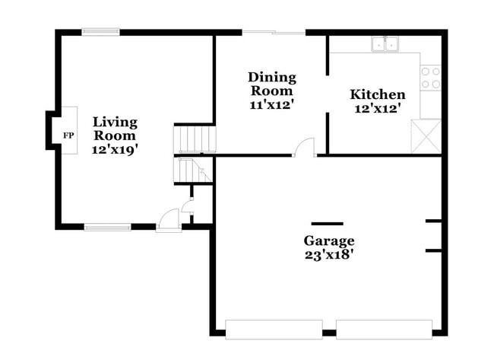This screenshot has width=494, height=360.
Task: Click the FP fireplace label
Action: (68, 135)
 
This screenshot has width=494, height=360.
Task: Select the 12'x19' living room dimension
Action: (115, 150)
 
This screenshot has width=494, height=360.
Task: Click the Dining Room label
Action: (272, 84)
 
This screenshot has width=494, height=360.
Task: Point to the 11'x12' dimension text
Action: (272, 105)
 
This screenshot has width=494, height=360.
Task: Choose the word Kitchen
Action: (377, 95)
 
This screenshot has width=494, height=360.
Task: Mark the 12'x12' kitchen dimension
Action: (377, 109)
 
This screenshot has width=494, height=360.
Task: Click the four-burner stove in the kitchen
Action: (430, 77)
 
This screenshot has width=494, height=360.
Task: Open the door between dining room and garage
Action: (305, 147)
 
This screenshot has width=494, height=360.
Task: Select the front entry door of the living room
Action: (169, 221)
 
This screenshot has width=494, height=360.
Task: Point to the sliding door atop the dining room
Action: (274, 32)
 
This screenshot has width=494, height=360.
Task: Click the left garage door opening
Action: (274, 330)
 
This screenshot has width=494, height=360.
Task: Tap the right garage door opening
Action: (384, 330)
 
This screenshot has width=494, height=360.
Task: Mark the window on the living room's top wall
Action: (101, 31)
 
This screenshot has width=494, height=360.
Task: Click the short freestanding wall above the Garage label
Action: (327, 224)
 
